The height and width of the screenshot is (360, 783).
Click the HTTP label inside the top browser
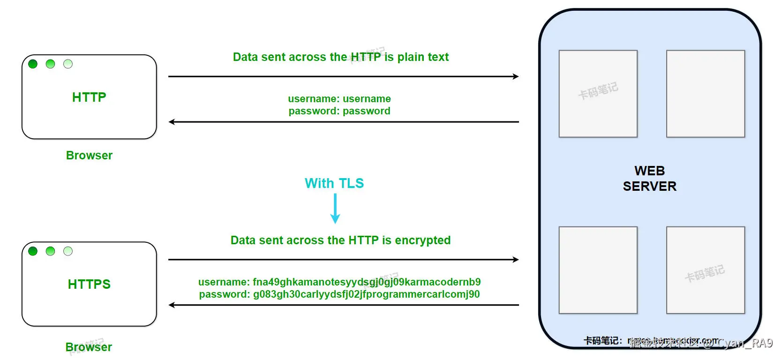point(89,97)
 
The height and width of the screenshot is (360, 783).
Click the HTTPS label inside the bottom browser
point(89,284)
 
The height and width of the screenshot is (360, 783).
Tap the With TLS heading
point(334,183)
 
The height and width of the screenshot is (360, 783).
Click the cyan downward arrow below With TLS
point(335,209)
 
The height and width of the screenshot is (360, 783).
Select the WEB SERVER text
point(649,179)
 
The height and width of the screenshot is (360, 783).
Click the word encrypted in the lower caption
point(422,240)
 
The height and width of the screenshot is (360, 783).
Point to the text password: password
point(339,111)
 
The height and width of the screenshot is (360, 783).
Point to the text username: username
point(339,99)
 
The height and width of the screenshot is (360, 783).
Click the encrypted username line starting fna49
point(339,282)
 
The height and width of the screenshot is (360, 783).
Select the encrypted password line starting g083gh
point(339,294)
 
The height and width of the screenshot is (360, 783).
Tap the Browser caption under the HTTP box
point(89,156)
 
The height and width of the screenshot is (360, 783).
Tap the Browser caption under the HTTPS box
point(89,347)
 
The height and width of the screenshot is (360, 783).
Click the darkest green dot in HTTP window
point(33,64)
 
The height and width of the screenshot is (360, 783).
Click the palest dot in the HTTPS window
point(68,251)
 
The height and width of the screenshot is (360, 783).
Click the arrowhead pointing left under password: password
point(172,122)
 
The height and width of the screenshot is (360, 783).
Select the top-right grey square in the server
point(705,94)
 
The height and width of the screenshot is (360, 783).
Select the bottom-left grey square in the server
point(598,270)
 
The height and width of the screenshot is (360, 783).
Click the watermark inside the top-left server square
point(598,91)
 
